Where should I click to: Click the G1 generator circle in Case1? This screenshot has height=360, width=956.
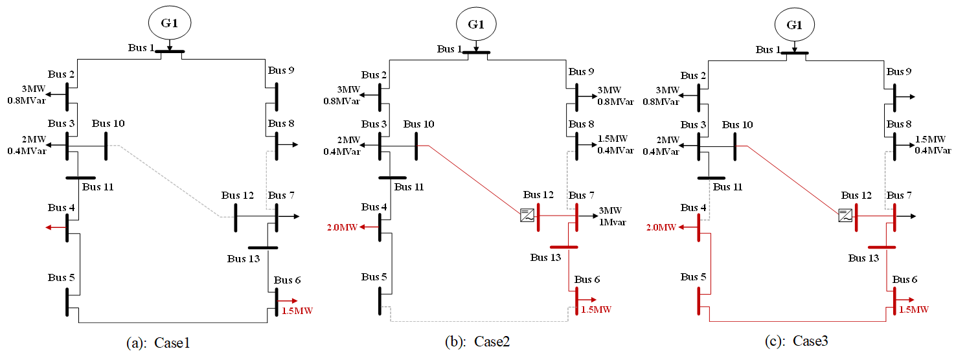click(169, 24)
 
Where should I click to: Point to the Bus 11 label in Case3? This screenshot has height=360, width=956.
click(728, 186)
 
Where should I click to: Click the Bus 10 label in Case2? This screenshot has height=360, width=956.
click(419, 124)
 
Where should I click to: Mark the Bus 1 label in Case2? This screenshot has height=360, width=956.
click(450, 49)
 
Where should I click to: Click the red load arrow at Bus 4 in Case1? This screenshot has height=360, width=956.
click(54, 227)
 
